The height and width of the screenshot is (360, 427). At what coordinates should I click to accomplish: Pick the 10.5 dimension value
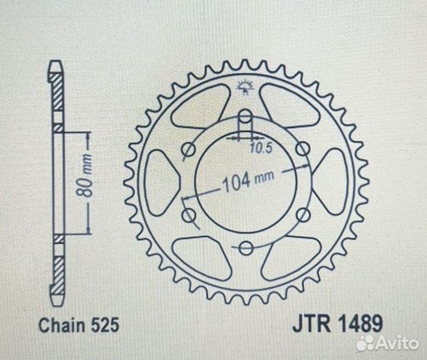256,148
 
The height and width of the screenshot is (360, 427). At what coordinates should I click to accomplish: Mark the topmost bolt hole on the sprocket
246,116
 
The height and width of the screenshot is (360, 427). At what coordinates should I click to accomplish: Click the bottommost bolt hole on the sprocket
246,249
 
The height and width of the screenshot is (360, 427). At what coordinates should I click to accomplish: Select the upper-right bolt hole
303,149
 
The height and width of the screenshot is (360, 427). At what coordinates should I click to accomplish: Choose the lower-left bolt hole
188,215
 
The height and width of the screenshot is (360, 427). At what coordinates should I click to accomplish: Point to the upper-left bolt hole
188,149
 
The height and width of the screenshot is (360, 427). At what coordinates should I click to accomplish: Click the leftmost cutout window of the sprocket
160,181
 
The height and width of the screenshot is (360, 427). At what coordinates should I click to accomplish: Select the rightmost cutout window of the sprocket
332,181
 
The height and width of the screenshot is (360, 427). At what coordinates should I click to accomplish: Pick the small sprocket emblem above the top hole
246,85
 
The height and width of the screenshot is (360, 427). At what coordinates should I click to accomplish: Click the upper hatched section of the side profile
58,93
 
